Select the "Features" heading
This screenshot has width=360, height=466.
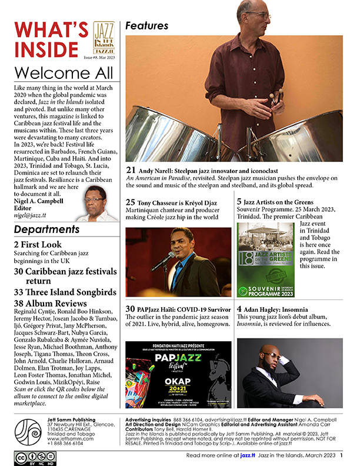tap(147, 26)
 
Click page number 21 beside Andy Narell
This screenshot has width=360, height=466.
tap(131, 171)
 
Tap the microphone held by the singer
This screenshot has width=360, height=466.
tap(158, 259)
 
